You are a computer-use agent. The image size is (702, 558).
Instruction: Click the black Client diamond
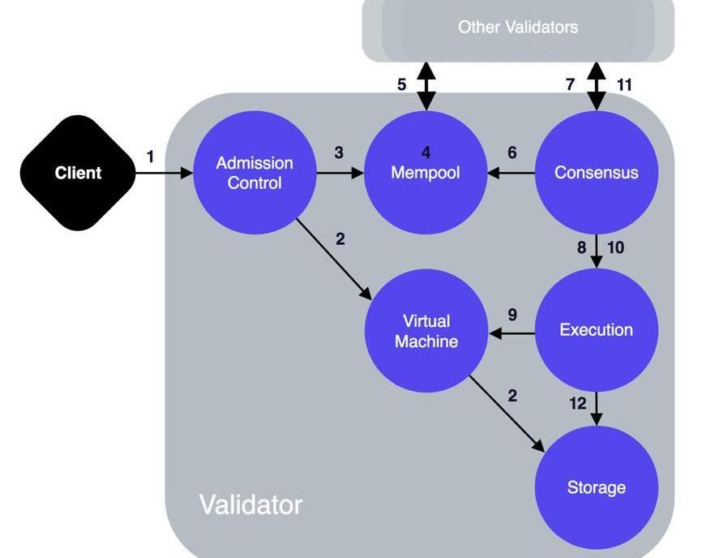click(79, 173)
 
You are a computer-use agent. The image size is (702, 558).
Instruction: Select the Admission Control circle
click(255, 173)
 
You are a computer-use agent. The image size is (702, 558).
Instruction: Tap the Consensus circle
click(597, 173)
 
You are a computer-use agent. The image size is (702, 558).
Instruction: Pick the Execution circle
click(597, 330)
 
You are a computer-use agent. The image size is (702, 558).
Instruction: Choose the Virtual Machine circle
click(426, 331)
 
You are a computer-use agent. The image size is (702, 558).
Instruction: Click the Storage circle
click(597, 487)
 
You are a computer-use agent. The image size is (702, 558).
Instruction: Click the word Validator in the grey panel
click(250, 504)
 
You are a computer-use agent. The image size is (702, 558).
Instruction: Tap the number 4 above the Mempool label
click(426, 152)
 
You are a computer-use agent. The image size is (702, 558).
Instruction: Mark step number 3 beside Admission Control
click(339, 152)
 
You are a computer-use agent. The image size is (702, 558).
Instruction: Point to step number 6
click(512, 152)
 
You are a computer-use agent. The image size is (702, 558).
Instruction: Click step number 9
click(512, 315)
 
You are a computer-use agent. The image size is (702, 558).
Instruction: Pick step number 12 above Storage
click(578, 403)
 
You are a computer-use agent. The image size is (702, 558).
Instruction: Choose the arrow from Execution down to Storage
click(597, 408)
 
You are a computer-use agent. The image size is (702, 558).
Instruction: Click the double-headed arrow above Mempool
click(426, 85)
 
